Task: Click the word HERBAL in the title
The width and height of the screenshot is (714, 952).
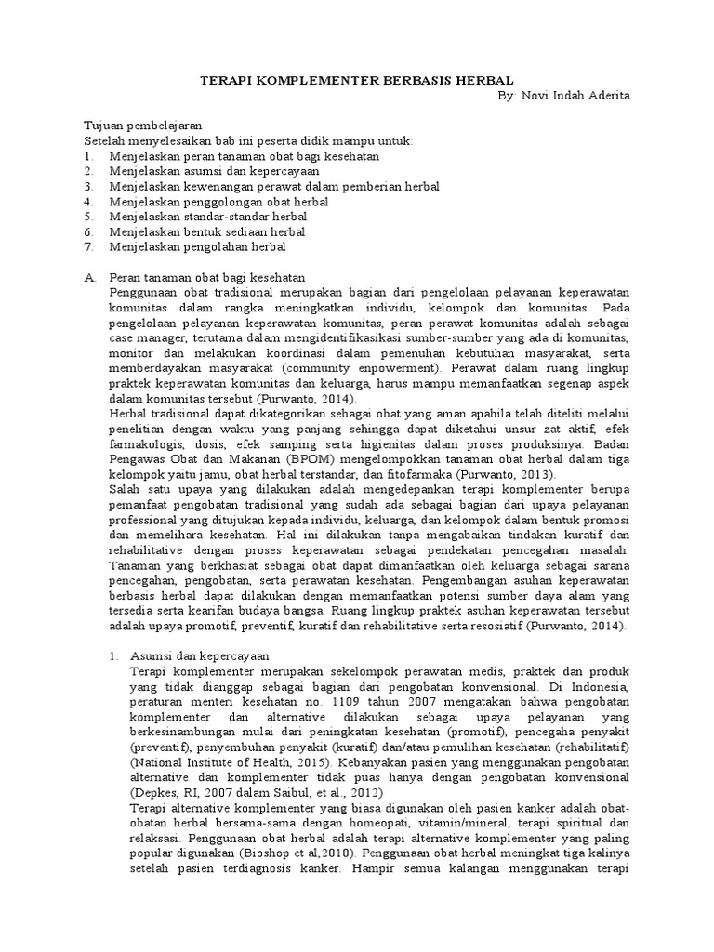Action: (481, 81)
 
